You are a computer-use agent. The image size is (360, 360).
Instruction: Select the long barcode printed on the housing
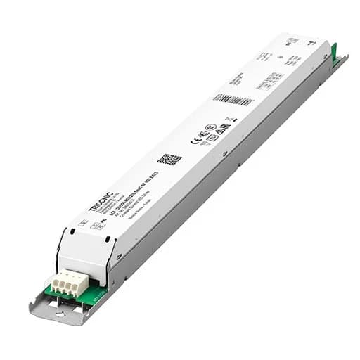(x=233, y=99)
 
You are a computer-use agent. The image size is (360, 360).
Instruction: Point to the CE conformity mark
(x=195, y=139)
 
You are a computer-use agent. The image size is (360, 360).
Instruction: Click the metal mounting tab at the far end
(x=341, y=61)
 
